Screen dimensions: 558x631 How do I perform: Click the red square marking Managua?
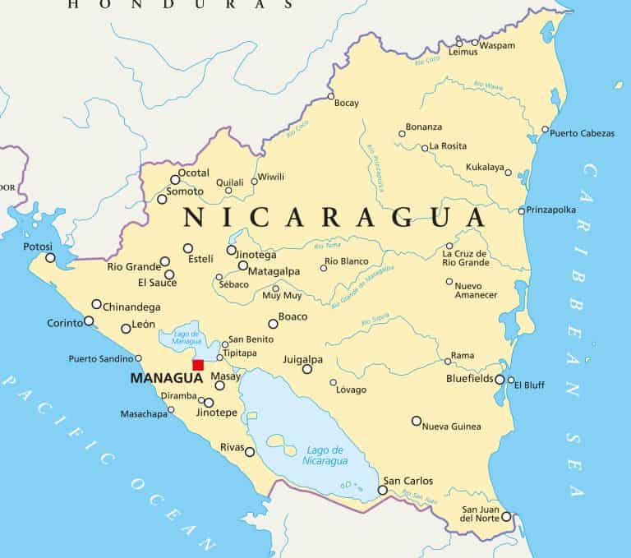click(x=198, y=365)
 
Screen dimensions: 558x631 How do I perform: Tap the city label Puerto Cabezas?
click(x=582, y=133)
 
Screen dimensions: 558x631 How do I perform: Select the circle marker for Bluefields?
click(x=500, y=379)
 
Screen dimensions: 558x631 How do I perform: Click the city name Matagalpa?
click(x=274, y=271)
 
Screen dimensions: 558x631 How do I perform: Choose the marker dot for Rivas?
click(x=250, y=451)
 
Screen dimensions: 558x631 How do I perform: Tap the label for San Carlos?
click(x=408, y=481)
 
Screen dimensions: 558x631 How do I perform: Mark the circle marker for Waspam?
click(x=475, y=42)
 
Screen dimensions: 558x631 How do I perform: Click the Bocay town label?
click(x=347, y=104)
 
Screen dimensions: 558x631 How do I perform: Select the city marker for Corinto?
click(x=89, y=321)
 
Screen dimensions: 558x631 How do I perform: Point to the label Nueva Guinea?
click(x=452, y=427)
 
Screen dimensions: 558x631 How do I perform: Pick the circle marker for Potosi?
click(x=50, y=258)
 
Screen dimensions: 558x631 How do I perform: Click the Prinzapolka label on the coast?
click(x=550, y=210)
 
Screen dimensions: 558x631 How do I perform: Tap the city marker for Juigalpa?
click(x=307, y=369)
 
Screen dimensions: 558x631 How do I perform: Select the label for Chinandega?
click(x=131, y=307)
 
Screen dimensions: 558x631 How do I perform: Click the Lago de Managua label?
click(x=187, y=336)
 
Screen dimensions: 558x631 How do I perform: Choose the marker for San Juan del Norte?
click(x=506, y=517)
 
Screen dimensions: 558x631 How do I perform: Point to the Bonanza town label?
click(x=425, y=127)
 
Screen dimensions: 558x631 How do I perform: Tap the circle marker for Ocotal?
click(x=175, y=179)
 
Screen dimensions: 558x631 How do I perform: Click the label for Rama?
click(x=463, y=356)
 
